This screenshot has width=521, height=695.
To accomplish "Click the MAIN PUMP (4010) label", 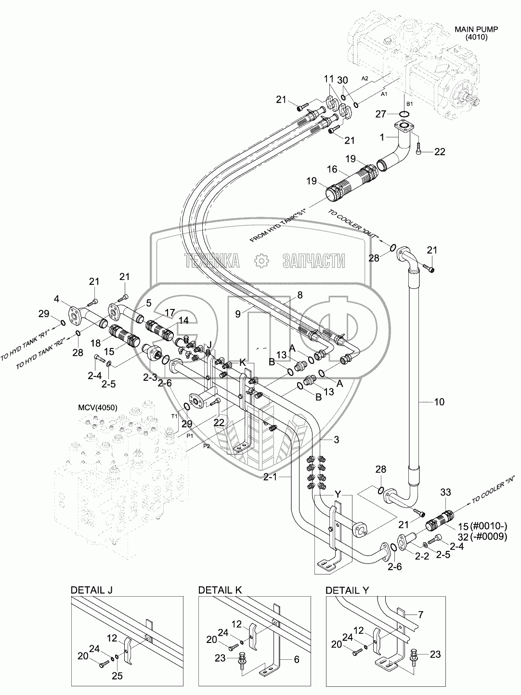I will click(x=476, y=33).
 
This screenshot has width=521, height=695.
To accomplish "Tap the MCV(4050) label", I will click(x=98, y=407).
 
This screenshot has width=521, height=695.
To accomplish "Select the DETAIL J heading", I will click(x=91, y=589).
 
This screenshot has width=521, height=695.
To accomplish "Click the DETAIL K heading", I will click(x=220, y=589).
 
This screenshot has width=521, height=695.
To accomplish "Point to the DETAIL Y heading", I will click(x=347, y=589).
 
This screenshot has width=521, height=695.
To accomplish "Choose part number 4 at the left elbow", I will click(x=56, y=299).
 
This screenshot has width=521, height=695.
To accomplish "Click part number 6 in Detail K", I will click(x=297, y=660).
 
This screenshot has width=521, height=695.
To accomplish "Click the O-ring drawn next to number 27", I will click(x=404, y=114).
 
